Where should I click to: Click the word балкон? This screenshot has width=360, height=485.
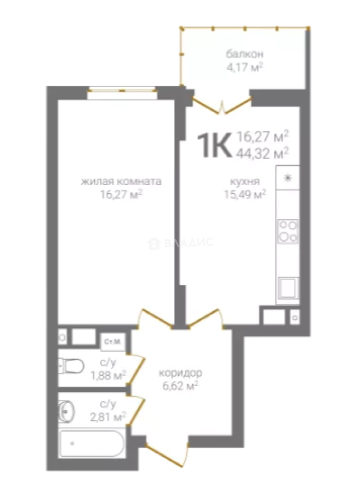tap(244, 54)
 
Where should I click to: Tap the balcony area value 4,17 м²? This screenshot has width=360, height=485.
tap(244, 67)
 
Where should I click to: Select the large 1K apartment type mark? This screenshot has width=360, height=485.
tap(215, 145)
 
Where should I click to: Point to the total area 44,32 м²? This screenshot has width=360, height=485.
tap(262, 153)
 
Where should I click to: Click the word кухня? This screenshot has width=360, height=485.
tap(244, 181)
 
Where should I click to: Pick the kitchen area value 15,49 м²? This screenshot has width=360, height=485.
tap(245, 194)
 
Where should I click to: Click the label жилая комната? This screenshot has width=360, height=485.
tap(121, 181)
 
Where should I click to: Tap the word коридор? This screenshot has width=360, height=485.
tap(181, 373)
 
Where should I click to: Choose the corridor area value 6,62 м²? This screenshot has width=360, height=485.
tap(180, 386)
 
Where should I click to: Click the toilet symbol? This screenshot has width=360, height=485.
tap(71, 366)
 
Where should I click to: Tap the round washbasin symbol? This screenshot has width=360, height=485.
tap(66, 411)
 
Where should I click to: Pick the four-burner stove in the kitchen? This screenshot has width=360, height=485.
tap(288, 231)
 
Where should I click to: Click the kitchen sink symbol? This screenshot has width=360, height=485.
tap(288, 288)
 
